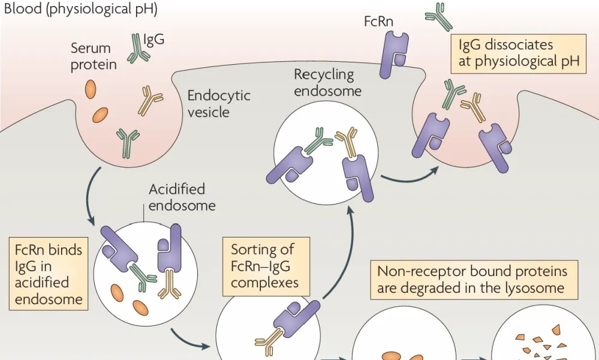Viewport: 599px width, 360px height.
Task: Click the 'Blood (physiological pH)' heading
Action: click(80, 8)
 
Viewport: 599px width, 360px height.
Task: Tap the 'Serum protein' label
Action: click(94, 56)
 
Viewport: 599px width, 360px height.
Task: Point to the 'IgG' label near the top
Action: click(154, 39)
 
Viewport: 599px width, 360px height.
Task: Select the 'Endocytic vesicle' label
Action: click(218, 104)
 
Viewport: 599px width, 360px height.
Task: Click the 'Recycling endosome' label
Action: click(327, 82)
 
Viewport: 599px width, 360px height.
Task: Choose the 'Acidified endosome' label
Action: click(182, 197)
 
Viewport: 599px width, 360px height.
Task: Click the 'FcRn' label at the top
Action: click(378, 22)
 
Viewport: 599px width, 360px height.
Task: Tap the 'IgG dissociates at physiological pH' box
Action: click(519, 53)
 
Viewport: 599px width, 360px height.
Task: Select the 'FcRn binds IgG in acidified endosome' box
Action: click(49, 274)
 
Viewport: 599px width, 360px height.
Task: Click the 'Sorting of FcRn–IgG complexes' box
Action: click(266, 267)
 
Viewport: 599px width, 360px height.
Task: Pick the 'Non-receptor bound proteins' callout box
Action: click(474, 280)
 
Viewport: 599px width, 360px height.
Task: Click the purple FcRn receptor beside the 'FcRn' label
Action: click(394, 54)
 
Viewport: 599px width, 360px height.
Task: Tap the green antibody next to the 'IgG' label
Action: click(138, 48)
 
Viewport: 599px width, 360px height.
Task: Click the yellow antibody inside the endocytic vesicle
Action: click(150, 101)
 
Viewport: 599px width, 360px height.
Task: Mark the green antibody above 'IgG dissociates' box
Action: click(440, 16)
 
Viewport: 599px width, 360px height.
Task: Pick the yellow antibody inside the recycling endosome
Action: click(347, 142)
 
